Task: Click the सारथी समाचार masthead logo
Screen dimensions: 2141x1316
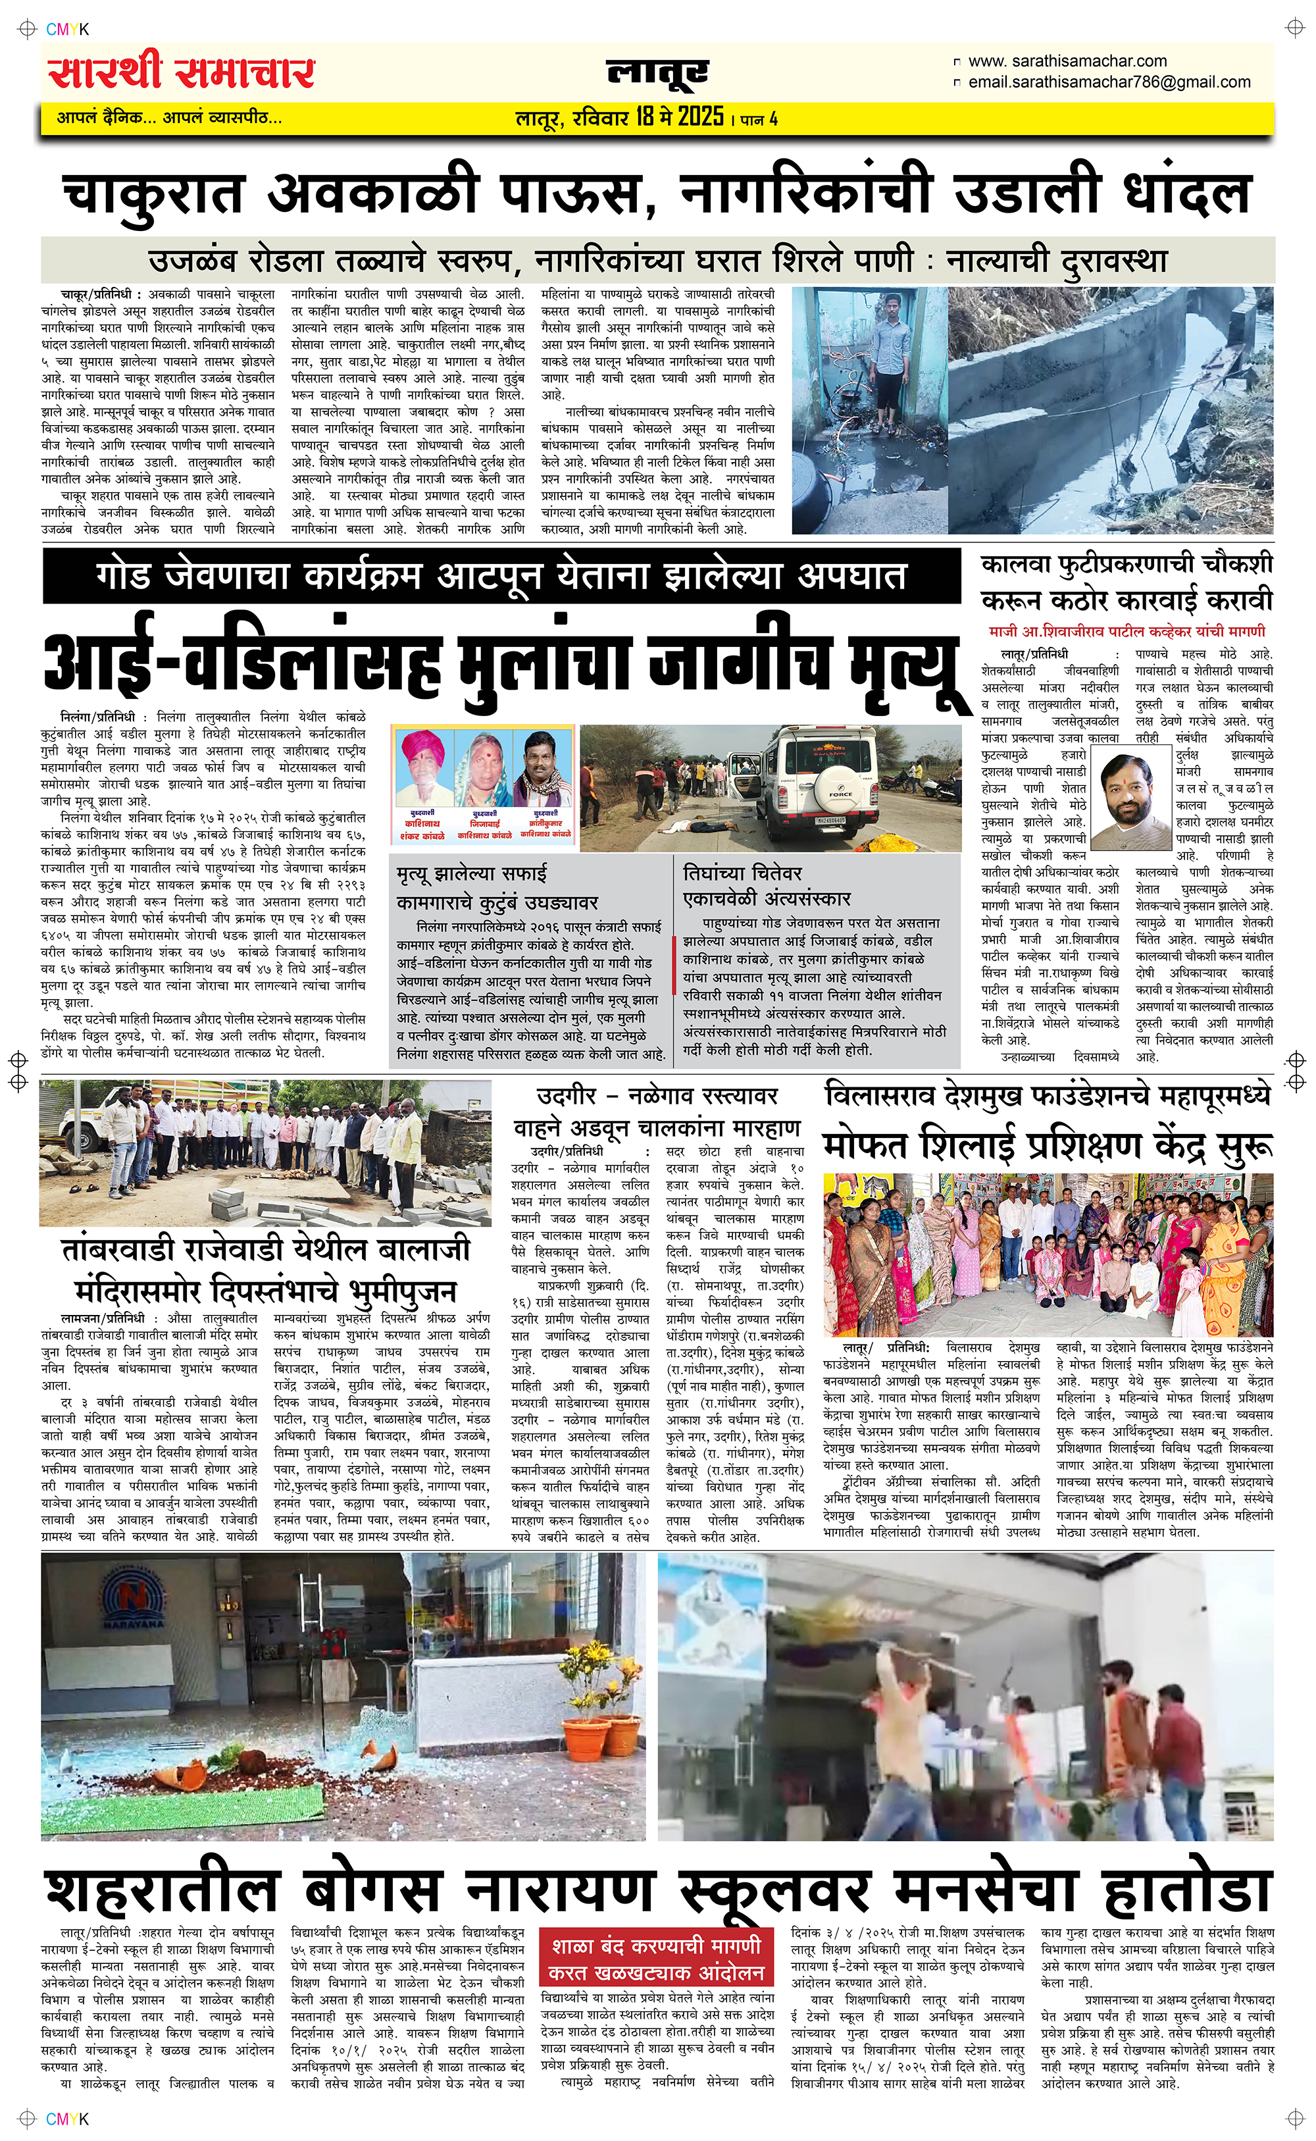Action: point(181,72)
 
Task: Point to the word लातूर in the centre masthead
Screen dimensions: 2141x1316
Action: point(657,73)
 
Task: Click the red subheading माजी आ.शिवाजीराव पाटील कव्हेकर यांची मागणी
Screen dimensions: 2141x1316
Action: point(1126,631)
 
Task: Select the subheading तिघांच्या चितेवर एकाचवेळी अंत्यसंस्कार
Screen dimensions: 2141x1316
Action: point(766,885)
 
